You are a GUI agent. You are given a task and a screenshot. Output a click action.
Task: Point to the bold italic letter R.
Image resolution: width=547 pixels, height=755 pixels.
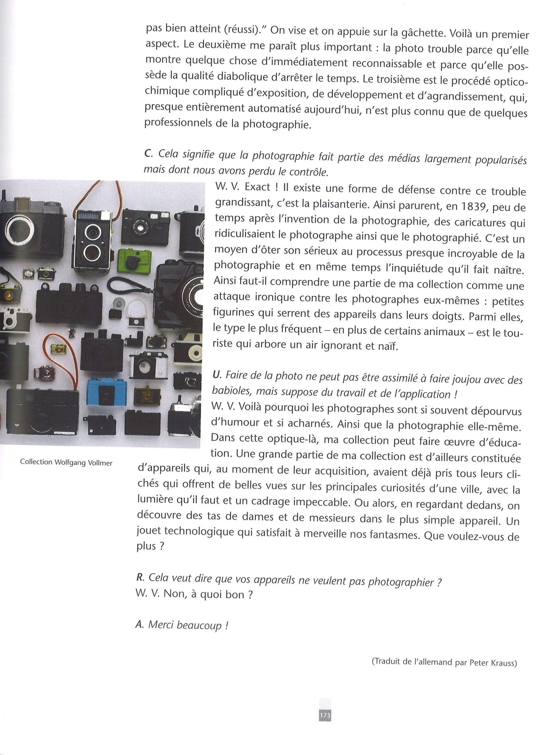tap(140, 577)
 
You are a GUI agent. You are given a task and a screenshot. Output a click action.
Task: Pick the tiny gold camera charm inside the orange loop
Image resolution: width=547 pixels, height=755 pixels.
tap(59, 349)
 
